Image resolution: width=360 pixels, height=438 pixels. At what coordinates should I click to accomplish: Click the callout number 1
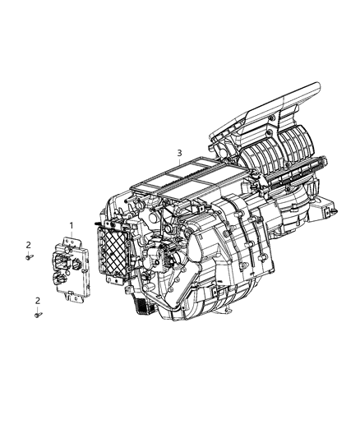72,225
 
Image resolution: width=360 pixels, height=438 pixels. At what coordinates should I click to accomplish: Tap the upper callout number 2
27,245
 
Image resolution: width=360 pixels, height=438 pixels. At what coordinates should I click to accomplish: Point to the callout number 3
178,153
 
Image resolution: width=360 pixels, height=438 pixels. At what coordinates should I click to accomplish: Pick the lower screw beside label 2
38,313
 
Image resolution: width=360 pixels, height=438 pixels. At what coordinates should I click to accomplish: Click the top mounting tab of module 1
65,240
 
